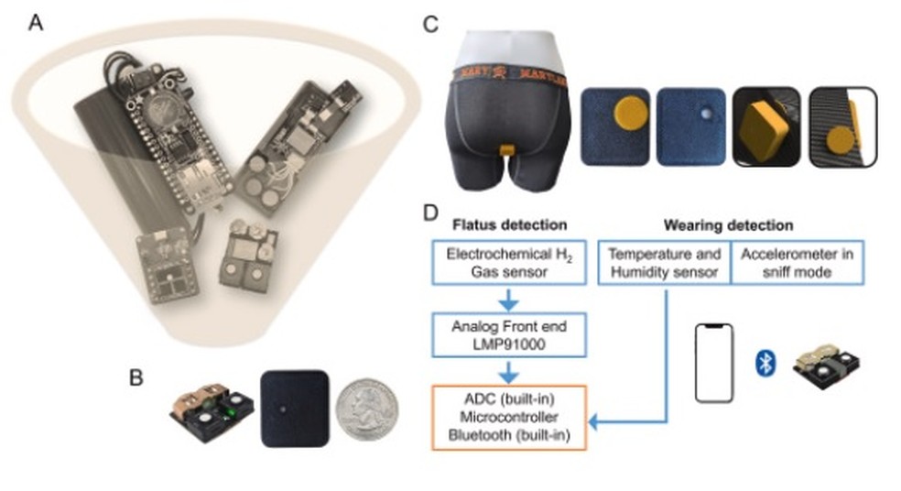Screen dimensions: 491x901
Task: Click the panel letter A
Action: click(36, 22)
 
